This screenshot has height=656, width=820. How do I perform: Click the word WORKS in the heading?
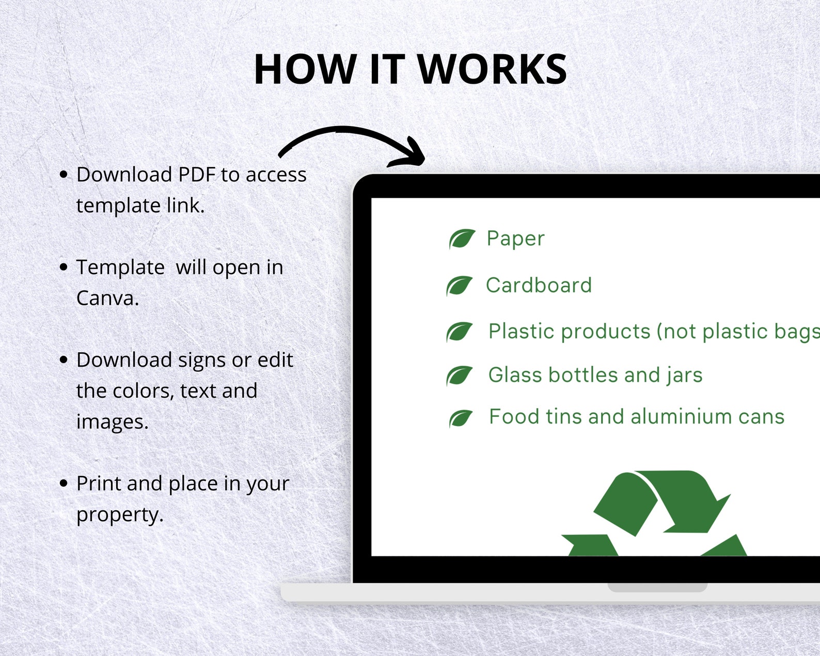492,69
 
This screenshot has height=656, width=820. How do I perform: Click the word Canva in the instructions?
106,298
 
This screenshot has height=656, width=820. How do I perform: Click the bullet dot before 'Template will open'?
64,267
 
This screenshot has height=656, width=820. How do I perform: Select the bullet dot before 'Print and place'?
64,483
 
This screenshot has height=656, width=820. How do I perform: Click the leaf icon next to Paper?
462,239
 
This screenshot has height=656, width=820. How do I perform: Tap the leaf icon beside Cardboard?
459,286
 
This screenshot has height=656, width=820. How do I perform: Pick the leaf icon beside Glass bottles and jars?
459,376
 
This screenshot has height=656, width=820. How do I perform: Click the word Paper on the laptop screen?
515,239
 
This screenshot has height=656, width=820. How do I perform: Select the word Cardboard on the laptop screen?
539,285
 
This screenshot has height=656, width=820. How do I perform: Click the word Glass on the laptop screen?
515,374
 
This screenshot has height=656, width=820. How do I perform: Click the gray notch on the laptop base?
657,587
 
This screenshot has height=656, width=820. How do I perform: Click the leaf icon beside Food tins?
461,418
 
